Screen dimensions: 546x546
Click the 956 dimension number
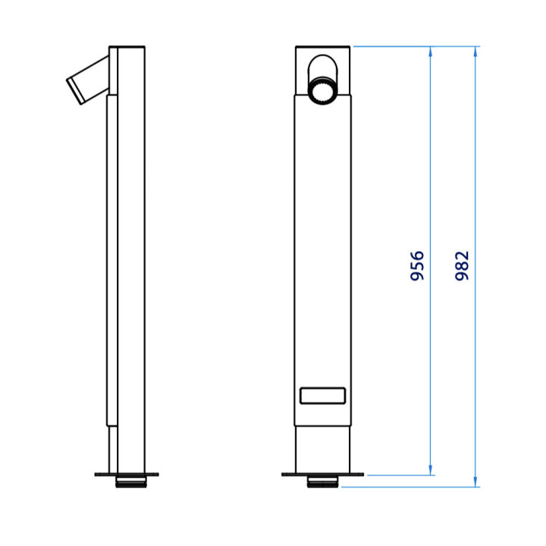coord(417,265)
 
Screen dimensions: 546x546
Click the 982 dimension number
coord(462,265)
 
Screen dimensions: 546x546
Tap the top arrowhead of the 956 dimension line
coord(431,52)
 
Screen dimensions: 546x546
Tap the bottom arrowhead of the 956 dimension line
coord(431,470)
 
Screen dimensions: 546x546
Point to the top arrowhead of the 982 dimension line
coord(475,52)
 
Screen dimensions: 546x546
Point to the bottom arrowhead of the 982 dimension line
coord(475,482)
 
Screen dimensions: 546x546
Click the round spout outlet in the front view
coord(323,90)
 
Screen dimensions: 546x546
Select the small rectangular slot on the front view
coord(323,396)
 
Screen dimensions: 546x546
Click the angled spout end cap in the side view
coord(76,90)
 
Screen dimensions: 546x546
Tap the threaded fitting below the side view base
coord(131,482)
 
